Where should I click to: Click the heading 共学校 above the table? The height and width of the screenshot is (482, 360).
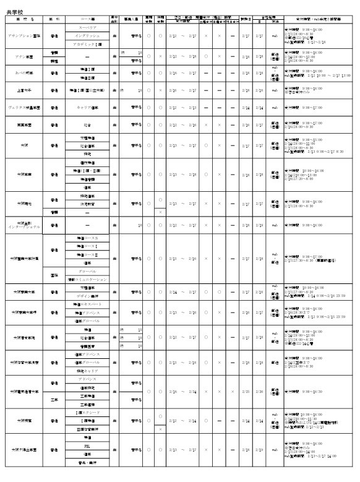coord(14,11)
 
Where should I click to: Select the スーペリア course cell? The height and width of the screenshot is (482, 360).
coord(87,28)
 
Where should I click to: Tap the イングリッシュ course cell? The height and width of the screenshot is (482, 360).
coord(87,37)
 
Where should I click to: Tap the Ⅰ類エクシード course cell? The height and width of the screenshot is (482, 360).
coord(87,411)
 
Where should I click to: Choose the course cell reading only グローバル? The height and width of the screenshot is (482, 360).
coord(87,271)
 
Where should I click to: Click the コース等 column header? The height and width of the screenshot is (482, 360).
coord(87,20)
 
